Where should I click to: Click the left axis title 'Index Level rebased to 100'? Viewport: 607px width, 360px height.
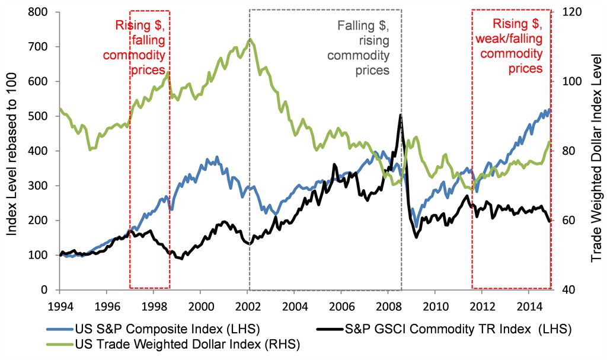pyautogui.click(x=12, y=151)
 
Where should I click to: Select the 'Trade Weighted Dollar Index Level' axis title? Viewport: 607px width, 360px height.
pyautogui.click(x=596, y=151)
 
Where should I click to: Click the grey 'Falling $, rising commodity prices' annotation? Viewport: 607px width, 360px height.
pyautogui.click(x=363, y=47)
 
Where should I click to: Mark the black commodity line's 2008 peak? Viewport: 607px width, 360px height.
pyautogui.click(x=401, y=114)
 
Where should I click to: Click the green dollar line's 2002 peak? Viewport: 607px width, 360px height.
pyautogui.click(x=250, y=40)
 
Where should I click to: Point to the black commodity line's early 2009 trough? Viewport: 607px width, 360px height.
pyautogui.click(x=416, y=237)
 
